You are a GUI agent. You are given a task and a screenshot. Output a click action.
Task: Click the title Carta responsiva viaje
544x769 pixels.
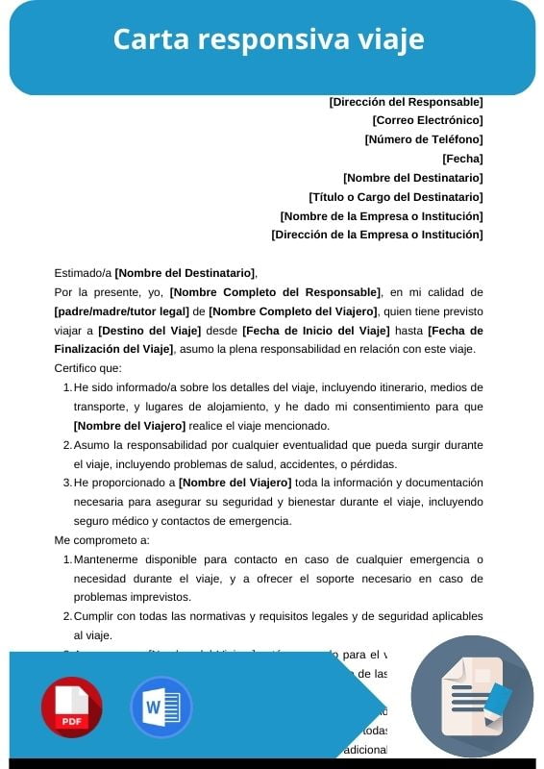pyautogui.click(x=269, y=40)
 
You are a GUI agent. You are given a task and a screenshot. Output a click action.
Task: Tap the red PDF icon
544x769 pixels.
pyautogui.click(x=71, y=707)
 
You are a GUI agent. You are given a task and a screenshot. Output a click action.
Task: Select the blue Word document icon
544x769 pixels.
pyautogui.click(x=161, y=707)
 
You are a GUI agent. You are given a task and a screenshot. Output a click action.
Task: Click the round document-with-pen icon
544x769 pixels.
pyautogui.click(x=472, y=697)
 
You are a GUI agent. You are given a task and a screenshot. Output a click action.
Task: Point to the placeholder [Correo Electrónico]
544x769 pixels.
pyautogui.click(x=428, y=120)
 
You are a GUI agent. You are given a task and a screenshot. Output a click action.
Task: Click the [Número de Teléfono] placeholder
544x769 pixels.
pyautogui.click(x=424, y=139)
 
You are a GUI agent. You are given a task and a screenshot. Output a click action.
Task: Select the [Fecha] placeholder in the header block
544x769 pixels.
pyautogui.click(x=462, y=159)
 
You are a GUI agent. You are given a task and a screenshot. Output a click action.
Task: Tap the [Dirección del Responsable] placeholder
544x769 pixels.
pyautogui.click(x=406, y=101)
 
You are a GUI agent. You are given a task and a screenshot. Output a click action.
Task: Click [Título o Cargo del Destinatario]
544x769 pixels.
pyautogui.click(x=396, y=196)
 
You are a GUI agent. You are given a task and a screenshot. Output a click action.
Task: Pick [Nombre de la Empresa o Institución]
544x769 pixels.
pyautogui.click(x=382, y=215)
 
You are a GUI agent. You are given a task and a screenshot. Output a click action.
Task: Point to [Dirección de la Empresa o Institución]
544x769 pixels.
pyautogui.click(x=377, y=235)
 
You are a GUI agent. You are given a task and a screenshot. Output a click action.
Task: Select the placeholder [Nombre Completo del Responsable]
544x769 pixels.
pyautogui.click(x=275, y=292)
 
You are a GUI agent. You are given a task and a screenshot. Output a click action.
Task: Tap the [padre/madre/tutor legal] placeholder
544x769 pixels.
pyautogui.click(x=121, y=311)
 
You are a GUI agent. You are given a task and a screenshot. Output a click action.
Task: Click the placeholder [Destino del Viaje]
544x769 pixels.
pyautogui.click(x=143, y=331)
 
